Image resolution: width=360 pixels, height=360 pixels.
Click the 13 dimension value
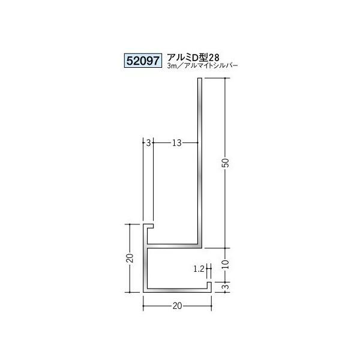pos(176,143)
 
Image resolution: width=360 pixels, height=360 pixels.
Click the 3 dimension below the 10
pos(226,286)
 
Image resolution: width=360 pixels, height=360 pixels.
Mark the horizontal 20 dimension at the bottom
pos(176,306)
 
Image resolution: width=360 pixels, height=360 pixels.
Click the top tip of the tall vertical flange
pos(199,82)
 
